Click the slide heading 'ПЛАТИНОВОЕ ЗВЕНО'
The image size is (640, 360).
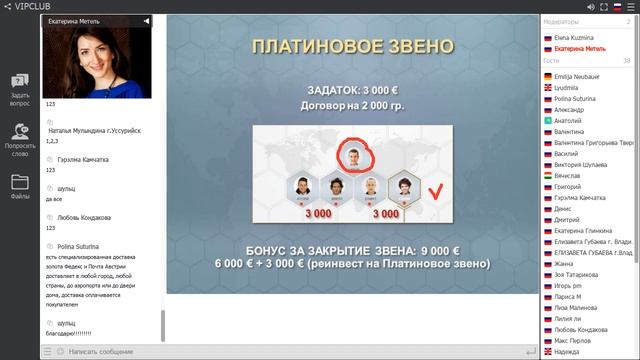[x=353, y=47]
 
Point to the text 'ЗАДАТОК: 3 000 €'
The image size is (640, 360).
[x=353, y=88]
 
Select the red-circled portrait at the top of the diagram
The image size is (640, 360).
[x=351, y=155]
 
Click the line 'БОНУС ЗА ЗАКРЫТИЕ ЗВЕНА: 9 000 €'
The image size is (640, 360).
[x=353, y=250]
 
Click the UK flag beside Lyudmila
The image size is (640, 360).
[x=548, y=88]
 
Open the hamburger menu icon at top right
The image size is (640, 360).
[x=629, y=7]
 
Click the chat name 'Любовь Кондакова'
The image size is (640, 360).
[x=79, y=217]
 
